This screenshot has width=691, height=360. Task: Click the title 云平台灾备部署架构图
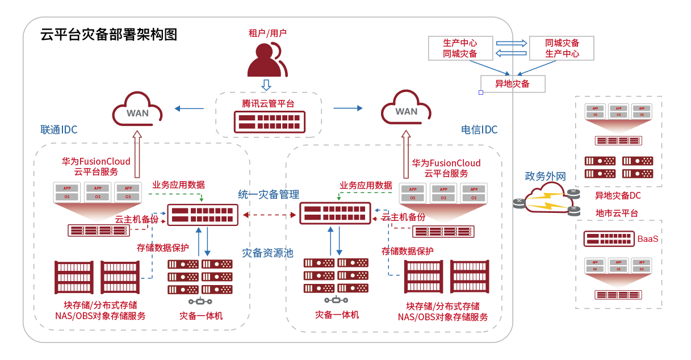[109, 35]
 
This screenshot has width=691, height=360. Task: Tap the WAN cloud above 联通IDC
[137, 110]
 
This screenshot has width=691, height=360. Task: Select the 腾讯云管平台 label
[267, 103]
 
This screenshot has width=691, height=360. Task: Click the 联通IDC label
[58, 130]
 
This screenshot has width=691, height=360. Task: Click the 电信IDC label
[479, 130]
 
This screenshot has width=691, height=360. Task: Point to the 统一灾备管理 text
[269, 195]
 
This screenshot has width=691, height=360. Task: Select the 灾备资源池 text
[267, 253]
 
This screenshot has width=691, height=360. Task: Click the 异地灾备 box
[513, 84]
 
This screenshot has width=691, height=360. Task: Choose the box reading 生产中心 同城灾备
[460, 48]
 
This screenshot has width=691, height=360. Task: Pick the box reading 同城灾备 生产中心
[562, 48]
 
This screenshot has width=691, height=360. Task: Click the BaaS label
[648, 239]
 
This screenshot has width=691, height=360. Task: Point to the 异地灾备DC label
[618, 196]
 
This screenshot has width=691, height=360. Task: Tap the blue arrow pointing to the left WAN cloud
[189, 108]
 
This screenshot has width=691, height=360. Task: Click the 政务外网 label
[545, 177]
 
